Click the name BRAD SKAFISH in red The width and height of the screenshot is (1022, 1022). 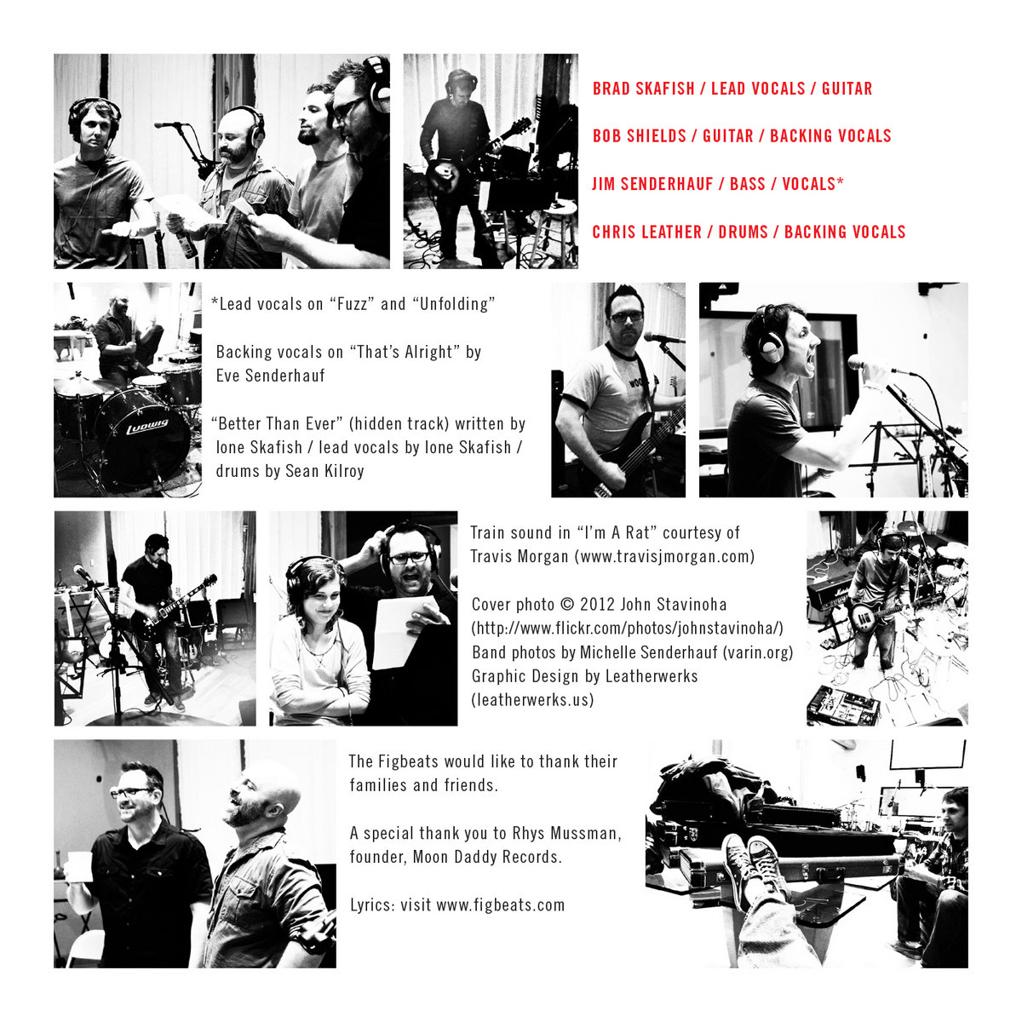pos(643,89)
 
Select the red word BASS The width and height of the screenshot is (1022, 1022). pos(747,184)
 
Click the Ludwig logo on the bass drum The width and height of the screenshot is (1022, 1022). pos(146,425)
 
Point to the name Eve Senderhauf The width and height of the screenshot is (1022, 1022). pos(270,376)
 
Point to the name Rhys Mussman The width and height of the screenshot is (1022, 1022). pos(566,833)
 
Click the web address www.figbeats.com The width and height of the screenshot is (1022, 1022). pos(500,904)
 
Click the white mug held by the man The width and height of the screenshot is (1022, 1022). pos(79,867)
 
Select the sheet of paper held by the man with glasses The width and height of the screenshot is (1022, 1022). pos(403,631)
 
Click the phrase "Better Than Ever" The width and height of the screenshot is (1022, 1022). pos(277,424)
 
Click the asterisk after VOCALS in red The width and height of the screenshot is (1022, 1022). pos(839,181)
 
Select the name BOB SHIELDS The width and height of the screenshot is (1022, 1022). pos(639,136)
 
